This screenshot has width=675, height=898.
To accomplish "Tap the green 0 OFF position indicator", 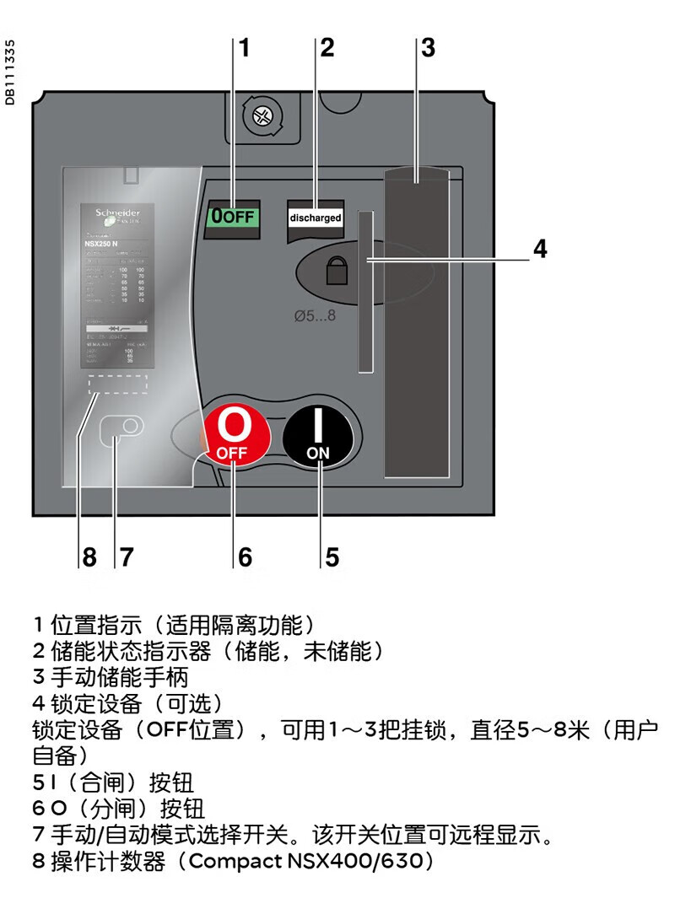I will (232, 216).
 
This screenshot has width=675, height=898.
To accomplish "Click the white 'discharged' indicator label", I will (316, 217).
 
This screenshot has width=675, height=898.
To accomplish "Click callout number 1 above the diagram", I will (245, 48).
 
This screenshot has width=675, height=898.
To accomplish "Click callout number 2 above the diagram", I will (327, 48).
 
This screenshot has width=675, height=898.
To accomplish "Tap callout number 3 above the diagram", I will (428, 48).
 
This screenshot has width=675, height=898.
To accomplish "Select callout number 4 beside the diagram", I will (540, 250).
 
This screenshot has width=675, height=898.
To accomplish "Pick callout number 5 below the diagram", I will (332, 557).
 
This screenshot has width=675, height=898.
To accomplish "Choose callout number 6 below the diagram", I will (245, 557).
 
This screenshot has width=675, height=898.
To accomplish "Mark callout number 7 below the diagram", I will (126, 557).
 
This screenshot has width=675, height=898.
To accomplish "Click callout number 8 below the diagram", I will (89, 557).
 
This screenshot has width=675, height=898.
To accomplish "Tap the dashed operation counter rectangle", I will (118, 384).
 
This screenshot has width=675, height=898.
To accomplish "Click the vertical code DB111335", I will (10, 73).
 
